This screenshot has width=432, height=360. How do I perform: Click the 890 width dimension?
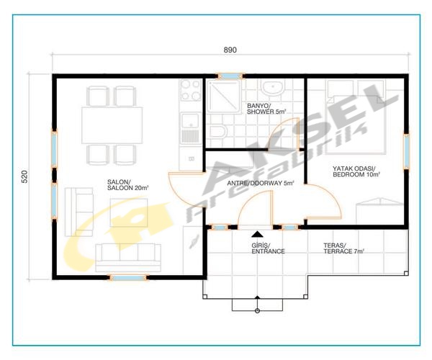coord(230,50)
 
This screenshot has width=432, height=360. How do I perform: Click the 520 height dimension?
coord(24,177)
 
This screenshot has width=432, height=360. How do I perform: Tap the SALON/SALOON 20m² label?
coord(128,185)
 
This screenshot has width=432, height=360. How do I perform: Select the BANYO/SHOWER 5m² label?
coord(266,109)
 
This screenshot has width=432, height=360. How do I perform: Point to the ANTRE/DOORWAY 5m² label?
coord(261,183)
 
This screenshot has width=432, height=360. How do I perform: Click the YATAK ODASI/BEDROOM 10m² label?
coord(356,171)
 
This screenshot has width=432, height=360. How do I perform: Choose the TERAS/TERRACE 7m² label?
coord(344,248)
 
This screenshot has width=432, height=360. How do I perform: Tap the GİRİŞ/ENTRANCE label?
coord(268,248)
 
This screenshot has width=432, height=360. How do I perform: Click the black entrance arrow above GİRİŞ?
coord(257,234)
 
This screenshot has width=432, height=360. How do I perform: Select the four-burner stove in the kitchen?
coord(190,90)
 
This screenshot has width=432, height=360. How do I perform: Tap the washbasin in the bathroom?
coord(272,88)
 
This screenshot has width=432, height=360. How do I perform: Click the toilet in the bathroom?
coord(216,132)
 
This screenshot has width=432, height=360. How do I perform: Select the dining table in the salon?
coord(112,125)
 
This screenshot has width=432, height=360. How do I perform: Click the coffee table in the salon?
coord(129,212)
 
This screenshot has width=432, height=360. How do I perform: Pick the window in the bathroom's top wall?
coord(230,76)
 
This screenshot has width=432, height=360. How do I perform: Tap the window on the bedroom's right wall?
coord(406,150)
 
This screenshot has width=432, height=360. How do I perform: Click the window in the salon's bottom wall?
coord(128,277)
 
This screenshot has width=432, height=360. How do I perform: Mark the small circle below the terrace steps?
coord(257,311)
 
